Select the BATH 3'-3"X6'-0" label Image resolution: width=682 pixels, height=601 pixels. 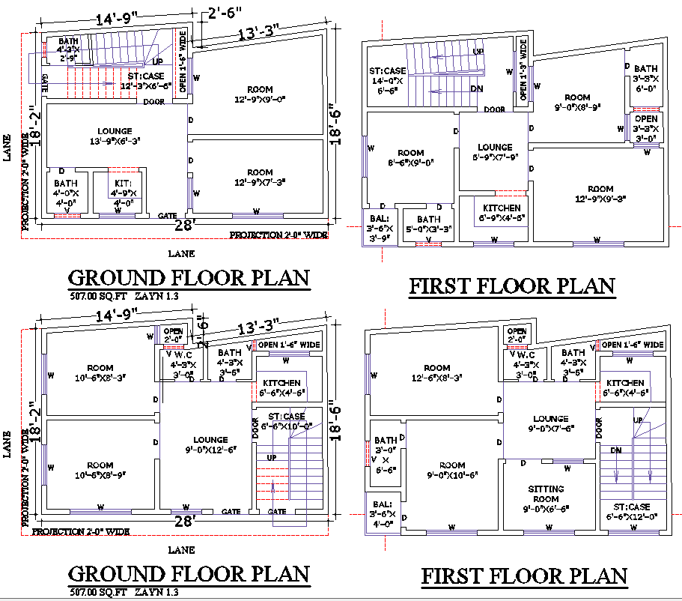pyautogui.click(x=645, y=78)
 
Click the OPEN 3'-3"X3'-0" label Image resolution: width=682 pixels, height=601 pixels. pyautogui.click(x=645, y=128)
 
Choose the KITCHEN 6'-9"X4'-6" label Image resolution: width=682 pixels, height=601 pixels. pyautogui.click(x=501, y=213)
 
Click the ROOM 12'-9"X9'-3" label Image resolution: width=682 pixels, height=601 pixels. pyautogui.click(x=600, y=194)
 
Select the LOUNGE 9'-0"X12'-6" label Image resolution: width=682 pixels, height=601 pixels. pyautogui.click(x=210, y=445)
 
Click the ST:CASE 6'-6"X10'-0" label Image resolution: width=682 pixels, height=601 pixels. pyautogui.click(x=286, y=421)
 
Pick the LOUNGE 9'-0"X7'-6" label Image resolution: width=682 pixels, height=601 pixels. pyautogui.click(x=550, y=424)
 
